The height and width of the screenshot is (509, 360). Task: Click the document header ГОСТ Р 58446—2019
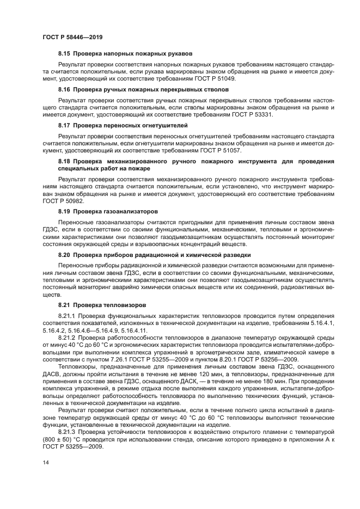(72, 37)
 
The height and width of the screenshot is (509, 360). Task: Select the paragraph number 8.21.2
(68, 338)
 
